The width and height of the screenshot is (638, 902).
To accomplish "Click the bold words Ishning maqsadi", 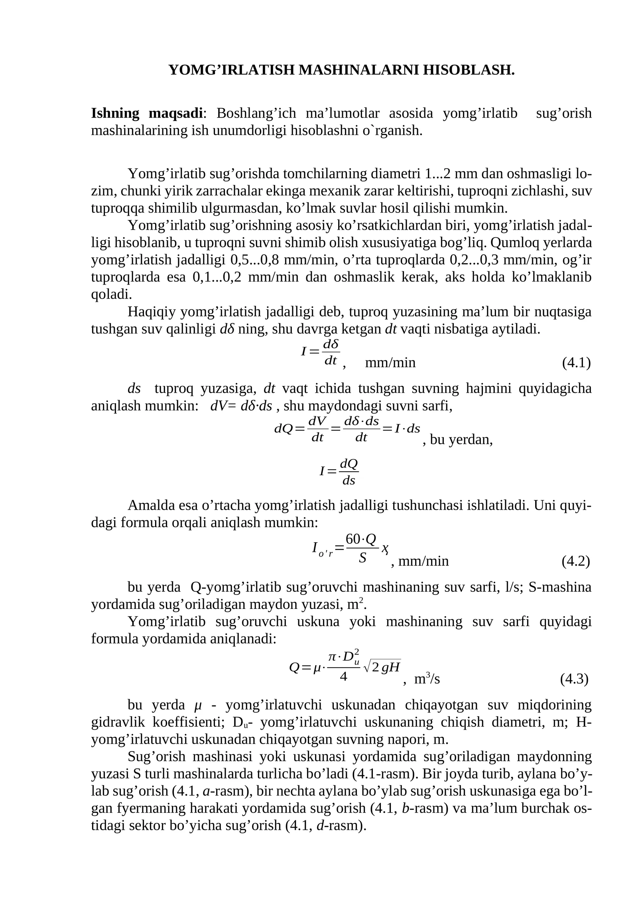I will [147, 114].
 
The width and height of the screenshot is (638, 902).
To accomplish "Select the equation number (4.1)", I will [576, 363].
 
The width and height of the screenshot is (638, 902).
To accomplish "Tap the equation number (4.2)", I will [575, 561].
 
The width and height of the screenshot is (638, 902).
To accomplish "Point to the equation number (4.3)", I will [574, 679].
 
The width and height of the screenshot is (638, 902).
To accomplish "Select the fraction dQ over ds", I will [349, 472].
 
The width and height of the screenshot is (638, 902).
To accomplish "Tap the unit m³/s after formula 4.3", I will [427, 679].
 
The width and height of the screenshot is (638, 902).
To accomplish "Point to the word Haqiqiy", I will [152, 312].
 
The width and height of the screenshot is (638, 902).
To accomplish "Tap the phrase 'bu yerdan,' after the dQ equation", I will [458, 440].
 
